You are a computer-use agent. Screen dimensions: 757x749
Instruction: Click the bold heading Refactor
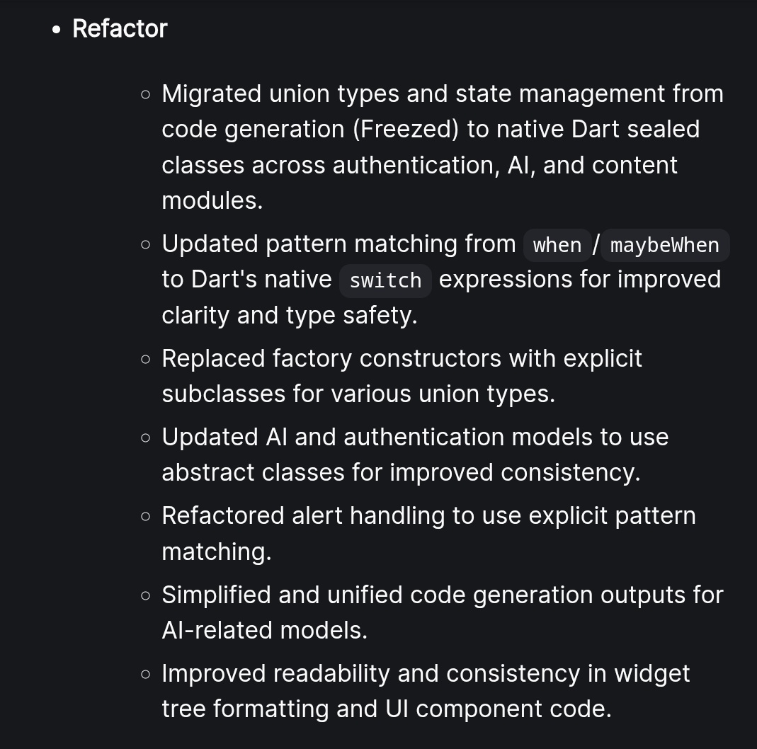click(120, 29)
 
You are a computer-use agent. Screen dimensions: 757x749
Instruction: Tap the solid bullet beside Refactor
click(57, 30)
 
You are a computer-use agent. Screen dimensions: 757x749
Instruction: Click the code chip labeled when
click(557, 245)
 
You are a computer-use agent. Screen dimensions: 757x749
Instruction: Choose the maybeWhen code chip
click(664, 245)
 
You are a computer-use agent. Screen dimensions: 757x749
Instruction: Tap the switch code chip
click(385, 280)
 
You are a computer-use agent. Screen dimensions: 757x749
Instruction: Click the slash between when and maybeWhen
click(596, 244)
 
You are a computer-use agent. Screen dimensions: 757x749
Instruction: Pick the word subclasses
click(224, 394)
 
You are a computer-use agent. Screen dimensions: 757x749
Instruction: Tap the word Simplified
click(217, 595)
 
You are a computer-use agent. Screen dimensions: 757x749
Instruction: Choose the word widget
click(651, 673)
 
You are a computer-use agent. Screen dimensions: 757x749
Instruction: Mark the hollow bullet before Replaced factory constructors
click(146, 359)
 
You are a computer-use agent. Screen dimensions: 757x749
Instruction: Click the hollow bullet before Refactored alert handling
click(146, 516)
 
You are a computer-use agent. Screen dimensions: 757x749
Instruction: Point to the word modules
click(212, 200)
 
